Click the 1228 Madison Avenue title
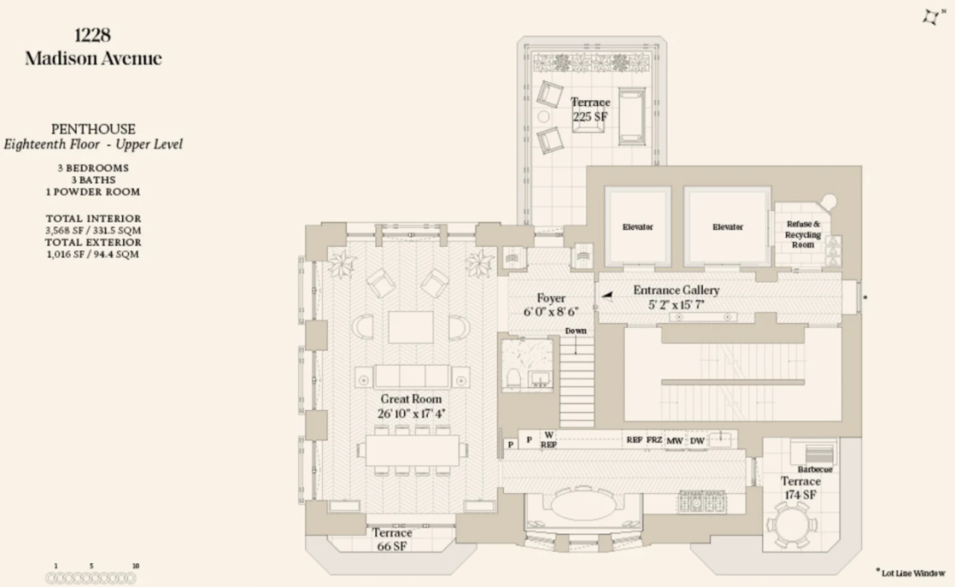(x=93, y=46)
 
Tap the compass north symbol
(x=932, y=17)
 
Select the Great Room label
(x=411, y=406)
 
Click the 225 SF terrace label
(x=590, y=110)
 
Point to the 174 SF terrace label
(x=800, y=488)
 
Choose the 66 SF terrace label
(x=393, y=539)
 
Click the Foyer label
(x=551, y=305)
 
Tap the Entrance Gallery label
(x=676, y=297)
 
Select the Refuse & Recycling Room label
(x=803, y=234)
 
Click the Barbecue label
(x=815, y=469)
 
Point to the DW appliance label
(x=698, y=441)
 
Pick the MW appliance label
(x=675, y=441)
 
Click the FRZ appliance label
(x=654, y=439)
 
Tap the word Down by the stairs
(x=576, y=331)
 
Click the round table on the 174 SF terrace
(x=791, y=525)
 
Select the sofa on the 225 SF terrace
(x=631, y=117)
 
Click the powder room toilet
(x=513, y=378)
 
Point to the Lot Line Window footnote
(x=911, y=572)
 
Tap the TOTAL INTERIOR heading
(x=93, y=218)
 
